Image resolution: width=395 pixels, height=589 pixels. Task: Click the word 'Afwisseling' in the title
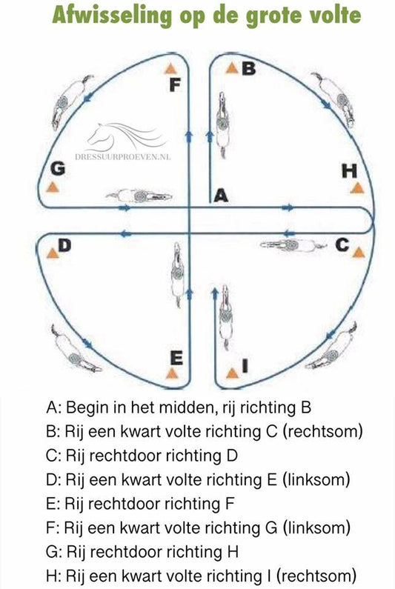point(113,16)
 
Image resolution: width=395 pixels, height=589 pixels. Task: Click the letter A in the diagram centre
point(221,196)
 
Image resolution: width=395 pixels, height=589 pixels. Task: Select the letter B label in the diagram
point(248,68)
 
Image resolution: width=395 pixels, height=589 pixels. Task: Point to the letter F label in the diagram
point(175,85)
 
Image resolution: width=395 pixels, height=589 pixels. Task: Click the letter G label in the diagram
point(58,169)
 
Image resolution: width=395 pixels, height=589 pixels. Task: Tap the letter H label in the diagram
point(350,171)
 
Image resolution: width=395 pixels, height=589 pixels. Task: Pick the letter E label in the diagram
point(176,358)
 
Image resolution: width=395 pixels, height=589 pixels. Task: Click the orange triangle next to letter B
point(233,68)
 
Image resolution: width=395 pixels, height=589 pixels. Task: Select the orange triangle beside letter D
point(52,253)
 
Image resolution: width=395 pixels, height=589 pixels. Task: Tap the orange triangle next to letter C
point(359,253)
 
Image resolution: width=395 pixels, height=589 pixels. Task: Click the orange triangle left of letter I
point(232,373)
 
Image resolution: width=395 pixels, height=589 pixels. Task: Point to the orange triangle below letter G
point(53,187)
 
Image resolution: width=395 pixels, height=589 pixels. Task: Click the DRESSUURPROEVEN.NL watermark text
point(122,156)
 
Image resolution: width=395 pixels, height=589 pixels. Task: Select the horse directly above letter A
point(223,124)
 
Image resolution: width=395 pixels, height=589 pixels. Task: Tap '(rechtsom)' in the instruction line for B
point(322,432)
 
